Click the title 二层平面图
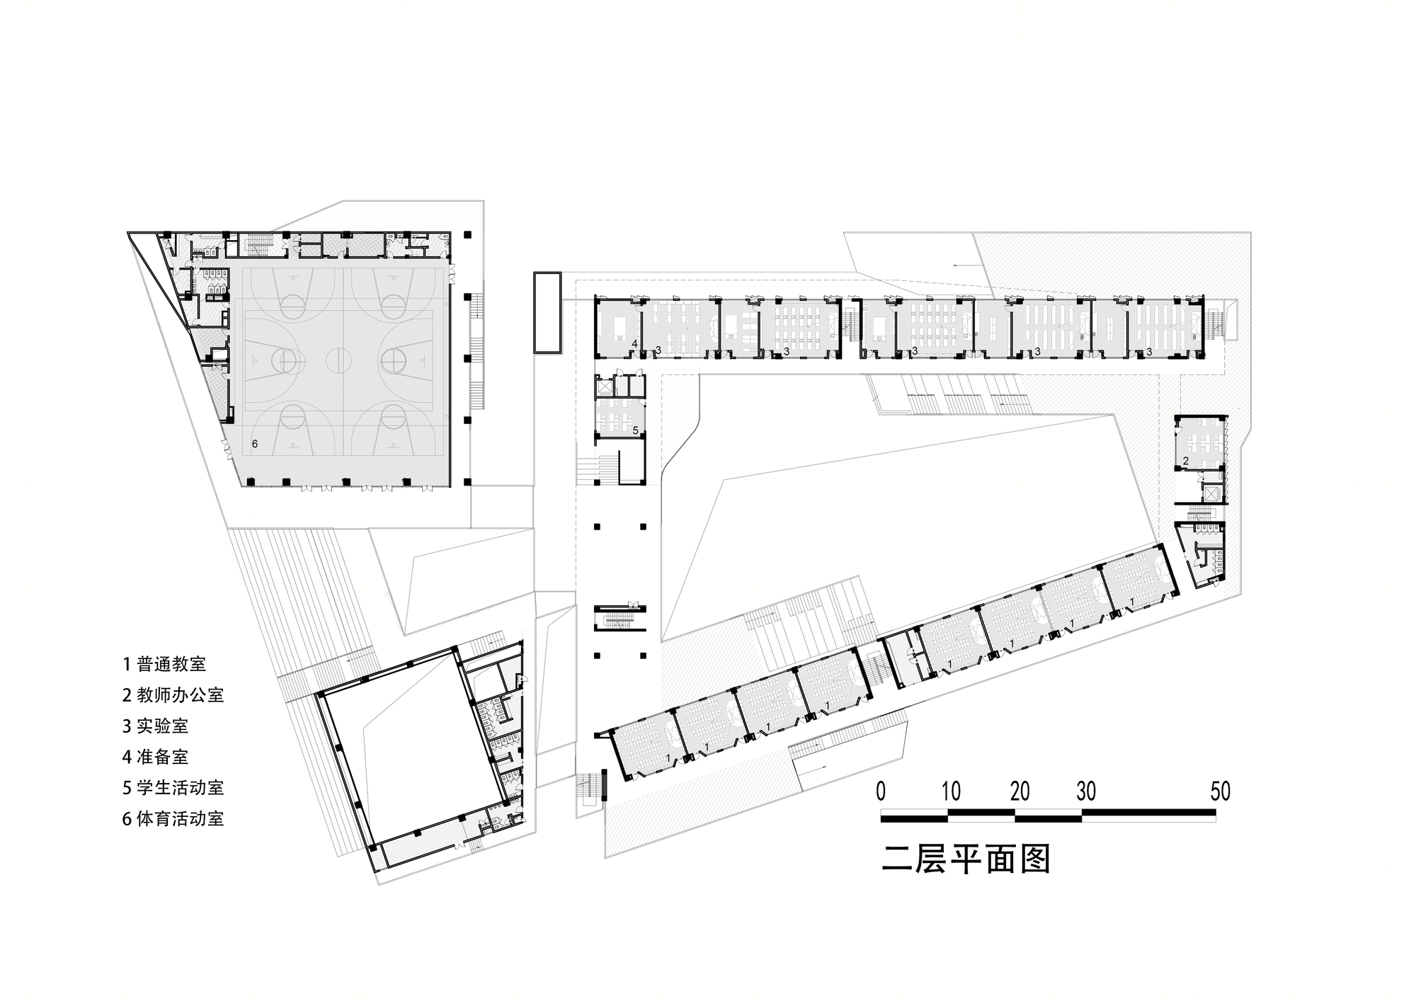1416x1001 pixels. (966, 859)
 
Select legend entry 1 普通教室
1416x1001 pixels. (164, 664)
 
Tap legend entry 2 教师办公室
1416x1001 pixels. (173, 695)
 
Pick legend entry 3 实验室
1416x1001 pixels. (156, 726)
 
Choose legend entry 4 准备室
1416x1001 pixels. (156, 757)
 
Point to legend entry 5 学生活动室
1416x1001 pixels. (173, 787)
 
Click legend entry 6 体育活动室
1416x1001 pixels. (173, 818)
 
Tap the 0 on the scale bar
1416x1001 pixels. (881, 791)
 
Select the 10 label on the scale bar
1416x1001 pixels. (951, 791)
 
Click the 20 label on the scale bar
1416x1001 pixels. (1020, 791)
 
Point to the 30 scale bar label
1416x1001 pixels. (1086, 791)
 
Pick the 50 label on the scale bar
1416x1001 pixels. (1220, 791)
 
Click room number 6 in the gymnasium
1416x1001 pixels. (255, 444)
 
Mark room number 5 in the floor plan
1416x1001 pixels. (635, 430)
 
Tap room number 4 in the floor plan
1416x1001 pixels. (635, 344)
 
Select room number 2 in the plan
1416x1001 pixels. (1185, 461)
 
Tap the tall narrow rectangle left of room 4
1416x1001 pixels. (547, 312)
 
